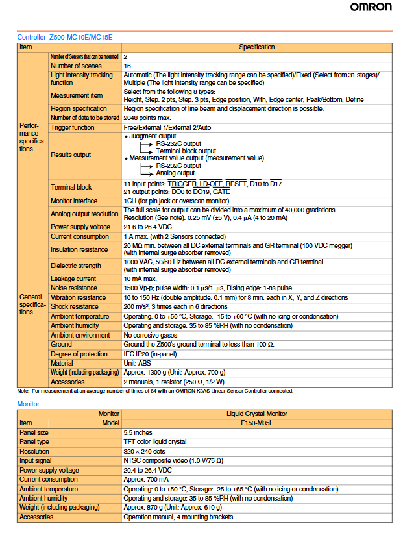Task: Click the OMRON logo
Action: pos(372,8)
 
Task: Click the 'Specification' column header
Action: pos(257,47)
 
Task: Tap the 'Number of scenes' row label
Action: pos(76,66)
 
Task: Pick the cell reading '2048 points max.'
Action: pos(147,118)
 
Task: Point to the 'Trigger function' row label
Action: pos(72,128)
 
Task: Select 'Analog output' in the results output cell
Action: pos(176,173)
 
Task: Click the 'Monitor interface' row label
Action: pos(74,201)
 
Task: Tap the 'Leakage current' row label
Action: pos(73,279)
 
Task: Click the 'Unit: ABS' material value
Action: pos(137,364)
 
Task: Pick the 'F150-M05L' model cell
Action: pos(257,423)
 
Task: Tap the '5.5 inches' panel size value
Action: pos(138,432)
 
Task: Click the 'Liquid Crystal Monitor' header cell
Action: pos(257,414)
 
